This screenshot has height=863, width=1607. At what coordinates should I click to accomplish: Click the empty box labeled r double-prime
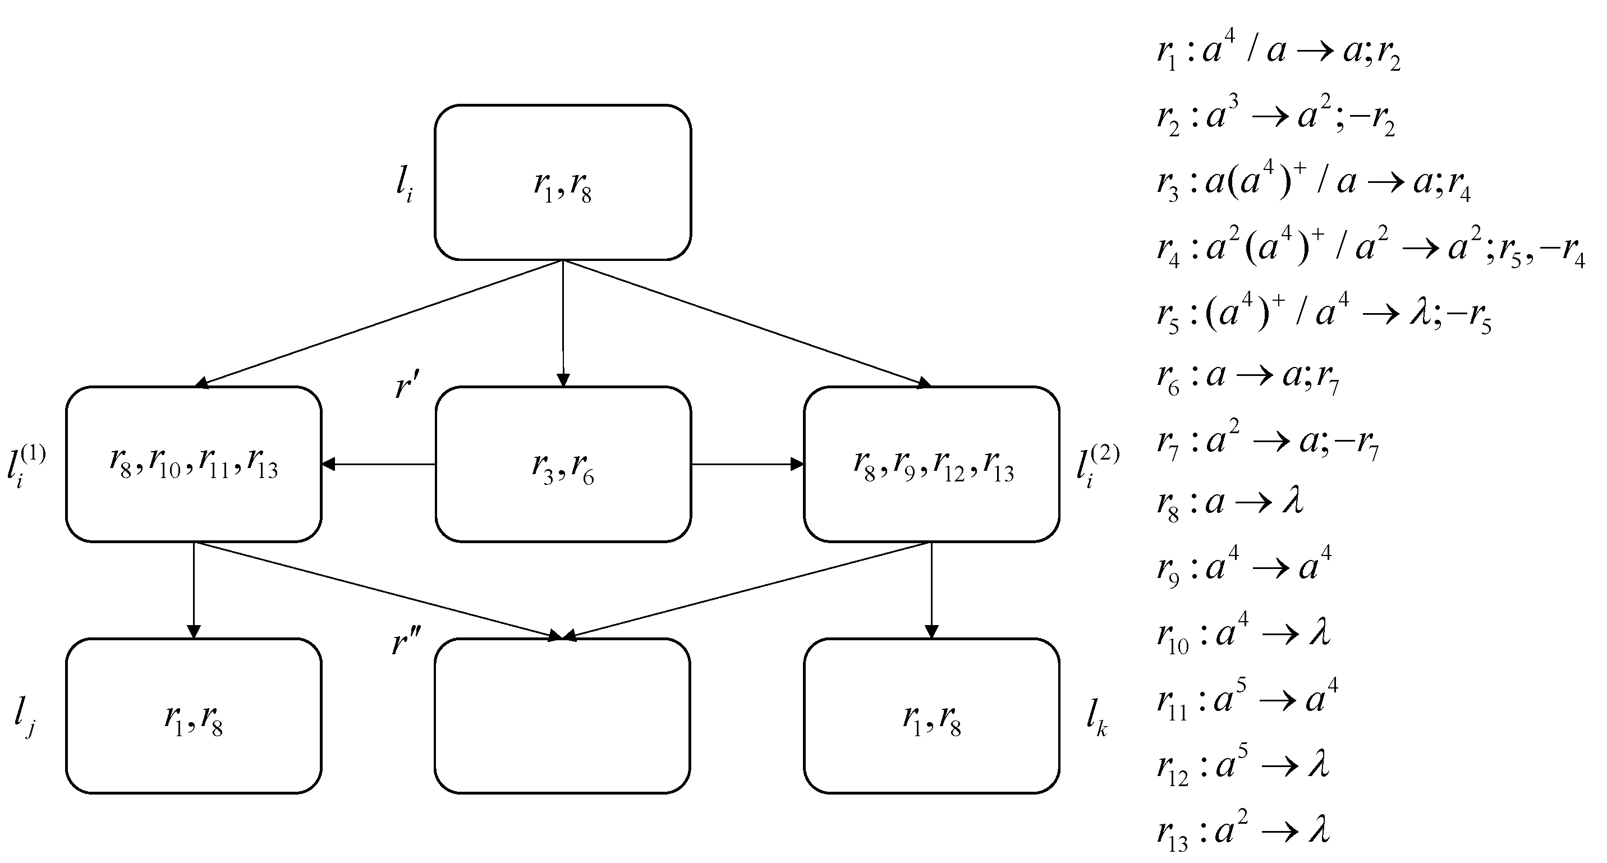(562, 716)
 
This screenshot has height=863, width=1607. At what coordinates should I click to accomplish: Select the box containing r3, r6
(563, 463)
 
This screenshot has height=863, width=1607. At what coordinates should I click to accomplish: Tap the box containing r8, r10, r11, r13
(194, 463)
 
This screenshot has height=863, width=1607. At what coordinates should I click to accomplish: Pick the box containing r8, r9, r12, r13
(931, 463)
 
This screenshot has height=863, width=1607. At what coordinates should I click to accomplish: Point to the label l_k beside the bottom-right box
(1097, 717)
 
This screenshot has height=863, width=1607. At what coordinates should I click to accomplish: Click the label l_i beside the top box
(404, 183)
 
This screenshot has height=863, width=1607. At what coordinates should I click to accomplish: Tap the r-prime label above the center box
(407, 384)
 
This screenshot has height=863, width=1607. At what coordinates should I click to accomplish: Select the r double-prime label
(406, 641)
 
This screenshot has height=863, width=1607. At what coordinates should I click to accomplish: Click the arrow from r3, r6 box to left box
(378, 463)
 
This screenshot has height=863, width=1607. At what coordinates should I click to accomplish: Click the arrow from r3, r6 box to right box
(747, 463)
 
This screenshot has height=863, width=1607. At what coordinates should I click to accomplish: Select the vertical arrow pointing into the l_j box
(194, 590)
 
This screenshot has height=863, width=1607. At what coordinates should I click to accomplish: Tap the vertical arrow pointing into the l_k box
(931, 590)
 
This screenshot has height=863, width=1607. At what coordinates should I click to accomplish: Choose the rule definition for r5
(1323, 313)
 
